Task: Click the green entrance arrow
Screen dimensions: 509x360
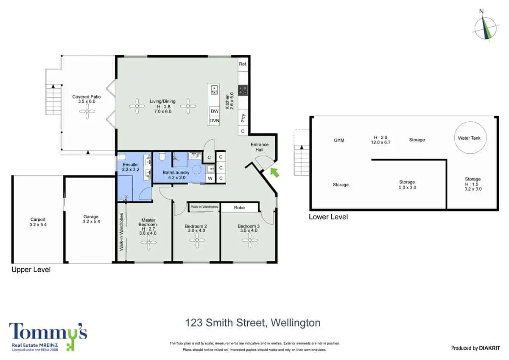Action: [x=275, y=172]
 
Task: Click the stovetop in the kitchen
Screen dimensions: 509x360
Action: [x=243, y=90]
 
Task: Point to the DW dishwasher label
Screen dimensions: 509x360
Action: [x=215, y=111]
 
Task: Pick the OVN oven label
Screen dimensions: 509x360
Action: [x=214, y=121]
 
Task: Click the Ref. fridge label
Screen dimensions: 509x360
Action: [x=243, y=64]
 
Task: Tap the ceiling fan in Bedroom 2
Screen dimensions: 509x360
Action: [x=197, y=240]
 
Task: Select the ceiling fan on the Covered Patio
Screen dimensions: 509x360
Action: [x=87, y=111]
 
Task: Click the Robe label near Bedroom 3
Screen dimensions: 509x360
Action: [x=239, y=208]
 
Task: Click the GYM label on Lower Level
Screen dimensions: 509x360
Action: [x=339, y=141]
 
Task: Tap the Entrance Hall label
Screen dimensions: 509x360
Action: [x=260, y=147]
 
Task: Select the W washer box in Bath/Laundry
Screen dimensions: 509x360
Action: [x=210, y=178]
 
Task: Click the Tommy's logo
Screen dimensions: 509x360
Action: [x=48, y=337]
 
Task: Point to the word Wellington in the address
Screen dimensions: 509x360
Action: [x=296, y=323]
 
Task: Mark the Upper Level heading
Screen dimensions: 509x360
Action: [x=31, y=270]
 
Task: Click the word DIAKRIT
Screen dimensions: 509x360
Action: [x=489, y=348]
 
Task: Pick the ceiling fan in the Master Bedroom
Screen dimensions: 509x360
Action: [x=148, y=242]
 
